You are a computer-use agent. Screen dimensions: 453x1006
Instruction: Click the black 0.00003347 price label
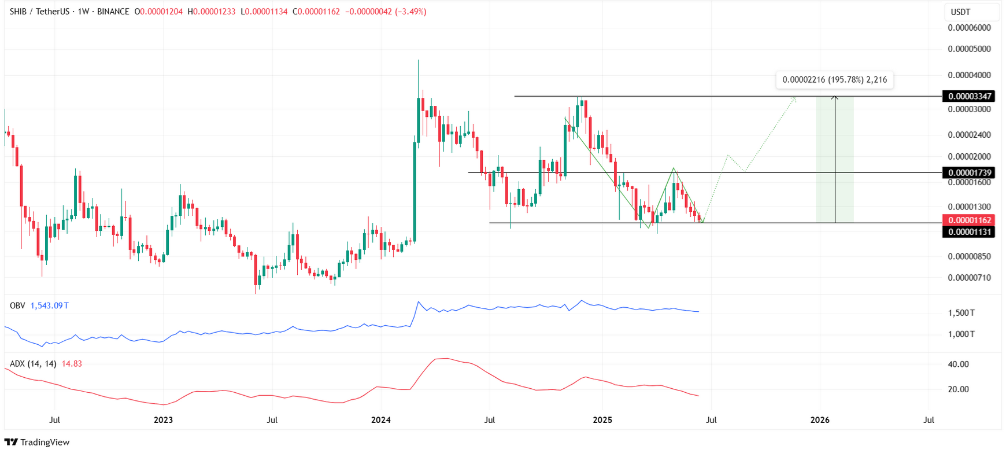point(968,96)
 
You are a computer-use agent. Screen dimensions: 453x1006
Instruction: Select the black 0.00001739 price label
point(968,172)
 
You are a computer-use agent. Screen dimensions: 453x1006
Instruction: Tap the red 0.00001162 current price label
point(968,220)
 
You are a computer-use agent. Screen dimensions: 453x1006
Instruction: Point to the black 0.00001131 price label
point(968,232)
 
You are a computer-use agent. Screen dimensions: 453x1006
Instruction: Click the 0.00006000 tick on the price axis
point(969,28)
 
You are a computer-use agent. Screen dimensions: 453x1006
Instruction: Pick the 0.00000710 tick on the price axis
point(969,278)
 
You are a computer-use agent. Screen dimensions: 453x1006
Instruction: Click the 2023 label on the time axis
point(163,420)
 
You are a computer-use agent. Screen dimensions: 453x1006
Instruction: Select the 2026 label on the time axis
point(820,420)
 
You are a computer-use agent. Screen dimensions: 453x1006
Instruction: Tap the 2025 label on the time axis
point(602,420)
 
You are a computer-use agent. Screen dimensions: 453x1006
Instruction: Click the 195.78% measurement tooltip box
point(834,80)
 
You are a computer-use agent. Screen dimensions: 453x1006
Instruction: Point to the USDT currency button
point(961,12)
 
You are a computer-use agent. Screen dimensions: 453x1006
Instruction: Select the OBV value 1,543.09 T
point(49,305)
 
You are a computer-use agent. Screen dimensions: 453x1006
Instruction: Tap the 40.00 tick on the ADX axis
point(959,364)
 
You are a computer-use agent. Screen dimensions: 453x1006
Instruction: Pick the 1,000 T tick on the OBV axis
point(960,334)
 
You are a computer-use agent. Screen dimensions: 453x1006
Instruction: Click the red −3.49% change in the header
point(410,12)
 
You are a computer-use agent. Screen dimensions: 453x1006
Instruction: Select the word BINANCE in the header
point(113,12)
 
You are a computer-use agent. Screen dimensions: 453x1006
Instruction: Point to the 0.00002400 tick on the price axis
point(969,135)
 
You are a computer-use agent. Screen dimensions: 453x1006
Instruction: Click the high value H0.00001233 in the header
point(212,12)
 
